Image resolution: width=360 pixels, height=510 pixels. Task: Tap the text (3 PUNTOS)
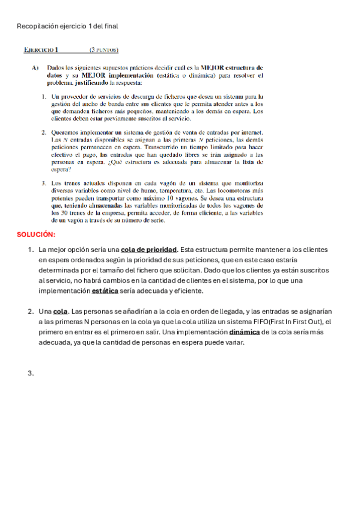click(x=103, y=50)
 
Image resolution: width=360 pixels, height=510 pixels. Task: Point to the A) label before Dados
click(x=35, y=68)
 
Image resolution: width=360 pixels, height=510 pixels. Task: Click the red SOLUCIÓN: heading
click(x=36, y=235)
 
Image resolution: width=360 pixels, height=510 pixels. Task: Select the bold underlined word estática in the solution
click(x=105, y=290)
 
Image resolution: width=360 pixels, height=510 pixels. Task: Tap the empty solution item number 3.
click(x=31, y=373)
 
